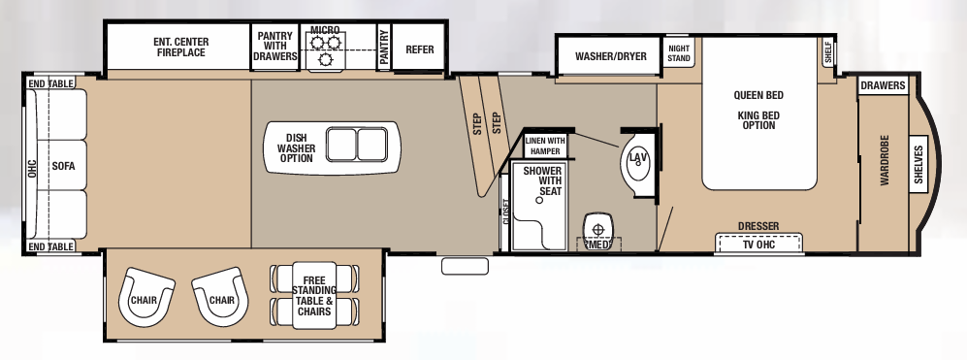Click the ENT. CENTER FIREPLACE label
(x=180, y=48)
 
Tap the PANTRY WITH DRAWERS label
(x=275, y=47)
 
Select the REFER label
(x=419, y=49)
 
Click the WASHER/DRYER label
(x=610, y=56)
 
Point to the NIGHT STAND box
(x=679, y=53)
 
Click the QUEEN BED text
(x=757, y=95)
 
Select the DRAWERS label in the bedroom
(x=883, y=86)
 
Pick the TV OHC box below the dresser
(x=759, y=244)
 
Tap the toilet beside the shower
(x=598, y=230)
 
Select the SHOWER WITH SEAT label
(x=543, y=180)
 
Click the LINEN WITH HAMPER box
(x=546, y=145)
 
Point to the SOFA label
(x=64, y=166)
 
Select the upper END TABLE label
(x=51, y=84)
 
